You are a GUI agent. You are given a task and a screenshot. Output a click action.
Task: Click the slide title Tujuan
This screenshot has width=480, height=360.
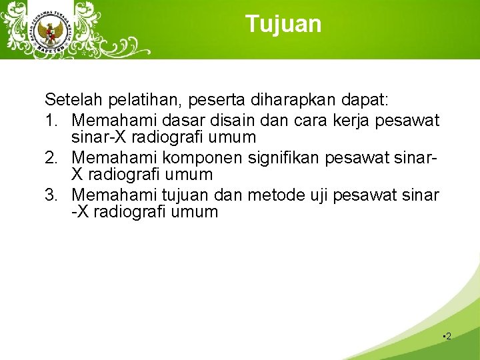pyautogui.click(x=283, y=24)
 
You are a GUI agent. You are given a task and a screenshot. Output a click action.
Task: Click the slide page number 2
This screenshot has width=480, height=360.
pyautogui.click(x=448, y=337)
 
